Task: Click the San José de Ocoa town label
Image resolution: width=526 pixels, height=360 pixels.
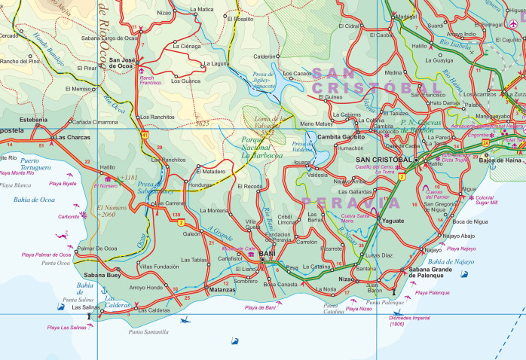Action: point(124,63)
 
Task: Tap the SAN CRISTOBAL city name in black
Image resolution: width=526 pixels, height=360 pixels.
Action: point(383,160)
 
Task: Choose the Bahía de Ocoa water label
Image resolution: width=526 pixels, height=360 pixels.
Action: point(34,199)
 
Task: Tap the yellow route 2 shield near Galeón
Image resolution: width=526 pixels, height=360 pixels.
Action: point(181,224)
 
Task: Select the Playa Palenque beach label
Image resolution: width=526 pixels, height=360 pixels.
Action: point(432,292)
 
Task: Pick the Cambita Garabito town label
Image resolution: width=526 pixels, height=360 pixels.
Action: point(341,136)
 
